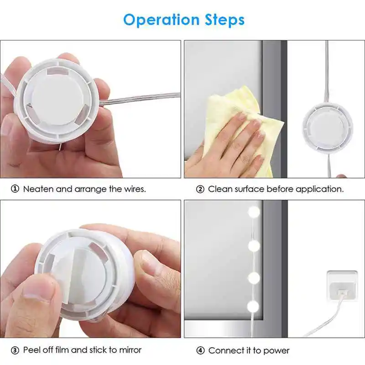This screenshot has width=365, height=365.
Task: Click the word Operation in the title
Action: (x=162, y=20)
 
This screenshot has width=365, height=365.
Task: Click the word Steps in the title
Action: (x=224, y=20)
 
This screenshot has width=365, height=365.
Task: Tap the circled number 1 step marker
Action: (x=15, y=189)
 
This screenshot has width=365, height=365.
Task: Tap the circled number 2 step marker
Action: (x=200, y=189)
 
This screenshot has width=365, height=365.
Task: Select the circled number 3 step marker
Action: (x=15, y=350)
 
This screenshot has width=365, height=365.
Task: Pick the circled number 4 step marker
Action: (x=200, y=350)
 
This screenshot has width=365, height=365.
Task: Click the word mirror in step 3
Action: (x=130, y=350)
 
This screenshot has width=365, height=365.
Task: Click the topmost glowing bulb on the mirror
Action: (x=254, y=212)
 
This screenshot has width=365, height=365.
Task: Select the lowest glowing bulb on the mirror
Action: (x=253, y=307)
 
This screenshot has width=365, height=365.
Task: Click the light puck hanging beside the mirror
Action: (x=328, y=128)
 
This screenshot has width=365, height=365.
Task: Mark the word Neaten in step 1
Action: (x=39, y=189)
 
